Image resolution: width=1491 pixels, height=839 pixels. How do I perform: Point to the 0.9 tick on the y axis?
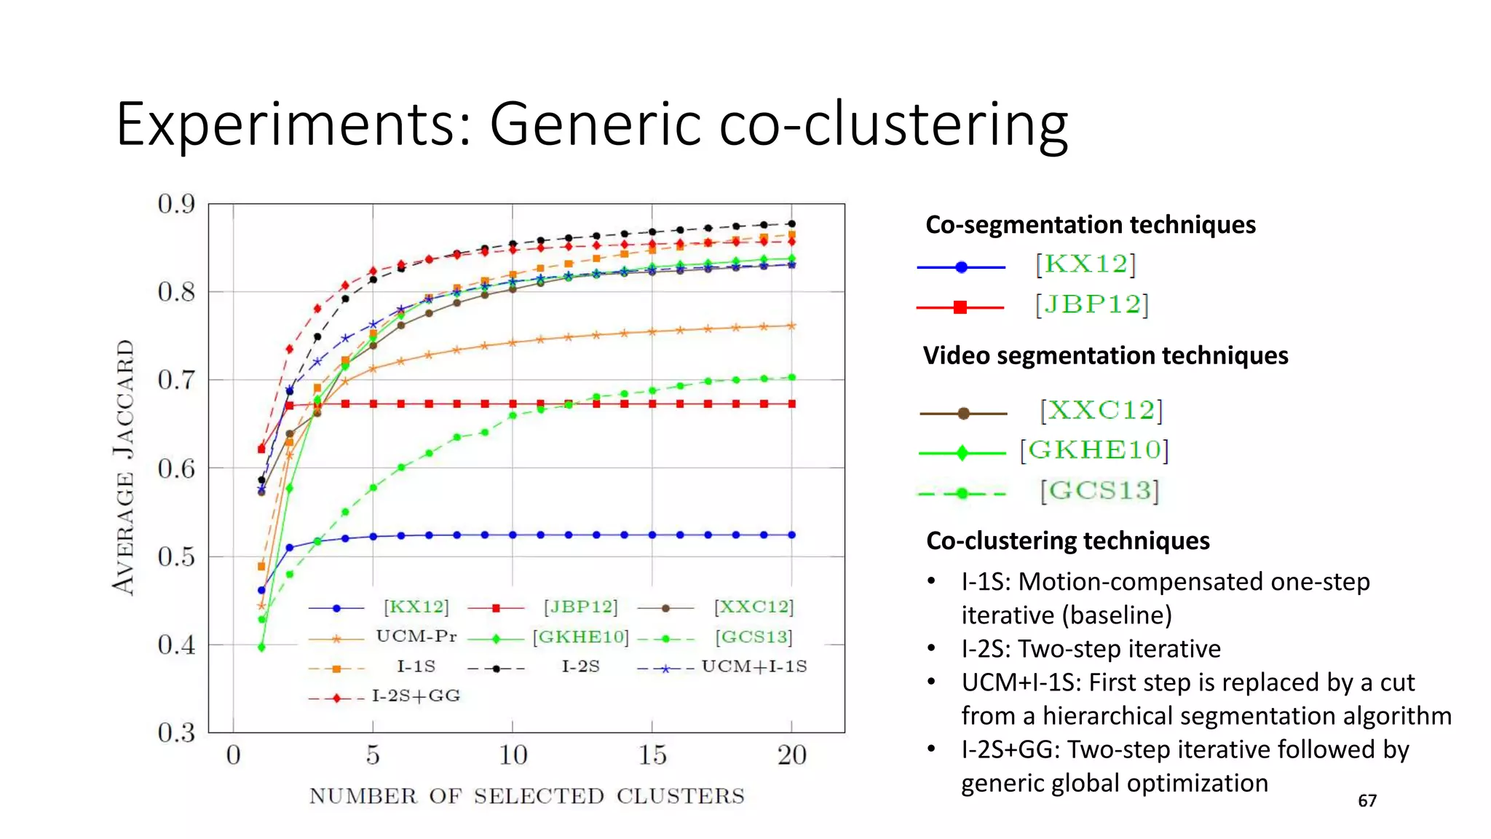click(176, 205)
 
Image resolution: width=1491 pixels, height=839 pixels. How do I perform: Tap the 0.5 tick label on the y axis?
click(176, 557)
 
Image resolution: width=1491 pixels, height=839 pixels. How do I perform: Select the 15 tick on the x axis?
click(652, 755)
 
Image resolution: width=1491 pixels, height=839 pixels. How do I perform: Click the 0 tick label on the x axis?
click(233, 755)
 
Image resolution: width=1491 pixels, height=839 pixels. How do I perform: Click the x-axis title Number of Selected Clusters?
click(526, 796)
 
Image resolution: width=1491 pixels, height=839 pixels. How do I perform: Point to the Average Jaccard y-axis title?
click(124, 467)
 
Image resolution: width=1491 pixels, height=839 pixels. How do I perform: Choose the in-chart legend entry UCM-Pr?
click(416, 637)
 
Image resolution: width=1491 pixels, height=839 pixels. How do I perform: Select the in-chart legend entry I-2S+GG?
click(416, 696)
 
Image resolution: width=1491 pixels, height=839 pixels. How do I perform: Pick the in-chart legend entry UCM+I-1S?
click(754, 666)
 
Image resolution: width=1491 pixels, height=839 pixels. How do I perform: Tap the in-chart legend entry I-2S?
click(580, 666)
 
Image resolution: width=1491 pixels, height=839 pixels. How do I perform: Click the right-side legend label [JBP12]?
click(1091, 304)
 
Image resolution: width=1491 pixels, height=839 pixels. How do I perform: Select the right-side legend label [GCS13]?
click(1099, 491)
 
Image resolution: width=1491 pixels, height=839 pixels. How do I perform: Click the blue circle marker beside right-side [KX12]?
click(961, 267)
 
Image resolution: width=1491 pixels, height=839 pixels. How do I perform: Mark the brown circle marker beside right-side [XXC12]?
click(963, 414)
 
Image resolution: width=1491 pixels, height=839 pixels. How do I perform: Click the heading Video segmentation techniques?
click(1105, 355)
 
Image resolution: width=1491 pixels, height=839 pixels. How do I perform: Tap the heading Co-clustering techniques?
click(1067, 541)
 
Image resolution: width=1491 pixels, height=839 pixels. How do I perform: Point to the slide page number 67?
click(1367, 801)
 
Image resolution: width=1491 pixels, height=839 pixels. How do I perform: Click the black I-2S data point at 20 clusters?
click(792, 224)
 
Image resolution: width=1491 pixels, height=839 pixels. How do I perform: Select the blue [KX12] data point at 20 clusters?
click(792, 535)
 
